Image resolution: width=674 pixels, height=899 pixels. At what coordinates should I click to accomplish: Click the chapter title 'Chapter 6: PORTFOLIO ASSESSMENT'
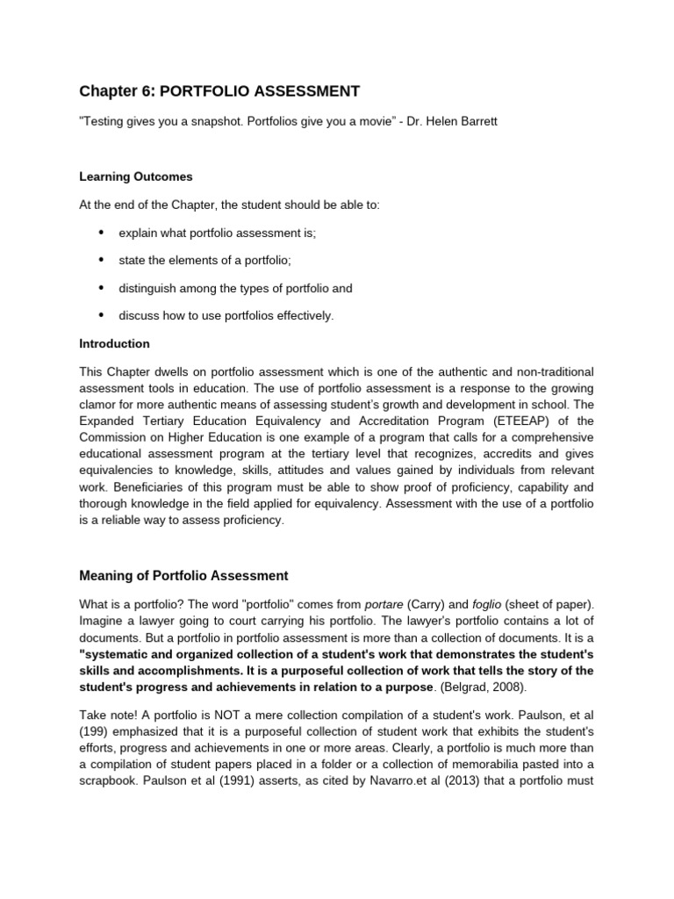[x=219, y=91]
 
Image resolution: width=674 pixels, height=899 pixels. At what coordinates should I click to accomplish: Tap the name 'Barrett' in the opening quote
[x=477, y=121]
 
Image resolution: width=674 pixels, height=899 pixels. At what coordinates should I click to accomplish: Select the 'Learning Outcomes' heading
[x=136, y=176]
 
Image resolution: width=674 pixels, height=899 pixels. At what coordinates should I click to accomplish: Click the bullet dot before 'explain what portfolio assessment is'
[x=101, y=232]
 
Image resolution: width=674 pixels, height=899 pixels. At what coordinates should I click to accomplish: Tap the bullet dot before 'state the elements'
[x=101, y=260]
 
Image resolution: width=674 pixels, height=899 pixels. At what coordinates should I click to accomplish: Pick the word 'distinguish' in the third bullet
[x=147, y=288]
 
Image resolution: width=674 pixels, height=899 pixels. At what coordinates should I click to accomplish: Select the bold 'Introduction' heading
[x=115, y=343]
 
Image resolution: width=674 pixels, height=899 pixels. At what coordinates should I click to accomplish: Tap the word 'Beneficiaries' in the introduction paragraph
[x=146, y=487]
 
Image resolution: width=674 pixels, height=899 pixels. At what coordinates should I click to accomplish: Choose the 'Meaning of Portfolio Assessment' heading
[x=183, y=576]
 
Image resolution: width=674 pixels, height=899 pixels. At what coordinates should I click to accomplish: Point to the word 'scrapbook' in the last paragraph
[x=109, y=780]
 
